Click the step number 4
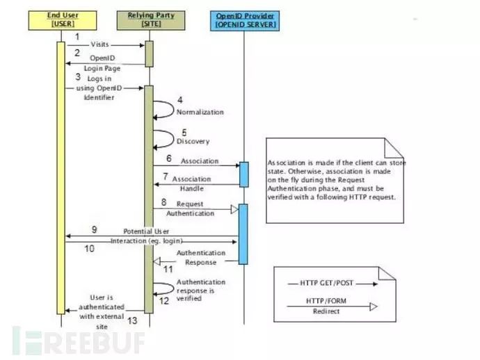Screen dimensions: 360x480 coord(179,99)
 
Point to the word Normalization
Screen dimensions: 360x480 coord(200,111)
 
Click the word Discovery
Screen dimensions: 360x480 coord(193,141)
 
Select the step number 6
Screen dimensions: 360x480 coord(168,159)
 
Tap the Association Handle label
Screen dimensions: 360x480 coord(191,183)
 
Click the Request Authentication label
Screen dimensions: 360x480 coord(195,208)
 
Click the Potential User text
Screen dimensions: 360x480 coord(147,231)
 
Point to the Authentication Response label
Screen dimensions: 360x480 coord(201,258)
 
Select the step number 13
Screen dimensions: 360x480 coord(131,320)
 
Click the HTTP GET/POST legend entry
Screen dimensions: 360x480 coord(333,283)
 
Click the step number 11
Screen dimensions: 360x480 coord(168,268)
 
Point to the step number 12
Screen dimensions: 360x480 coord(165,300)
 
